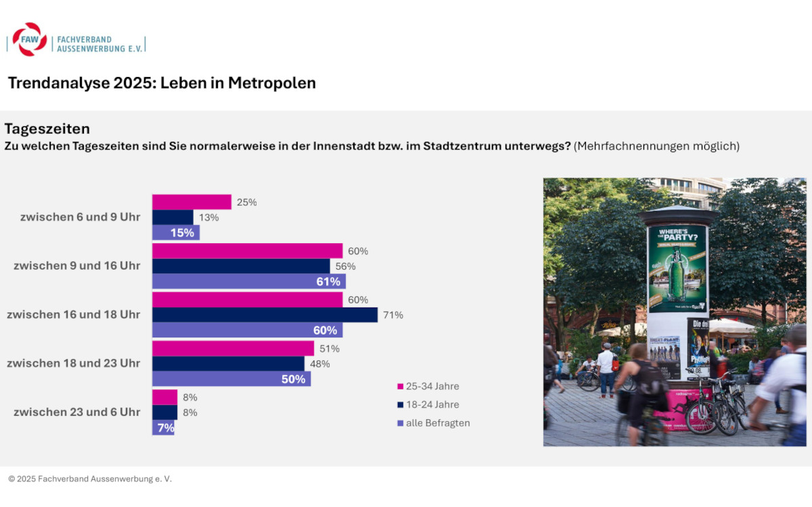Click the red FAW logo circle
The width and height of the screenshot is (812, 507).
point(29,39)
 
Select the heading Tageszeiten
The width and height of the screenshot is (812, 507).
point(47,128)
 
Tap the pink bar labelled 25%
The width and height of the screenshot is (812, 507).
point(191,202)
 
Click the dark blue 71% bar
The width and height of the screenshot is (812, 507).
point(265,315)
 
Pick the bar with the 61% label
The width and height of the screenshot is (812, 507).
point(248,281)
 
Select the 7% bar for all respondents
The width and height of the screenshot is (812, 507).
point(163,428)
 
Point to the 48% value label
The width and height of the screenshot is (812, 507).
point(319,364)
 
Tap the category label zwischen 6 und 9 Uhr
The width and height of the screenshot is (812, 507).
point(80,217)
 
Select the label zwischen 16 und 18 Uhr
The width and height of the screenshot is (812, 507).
point(73,314)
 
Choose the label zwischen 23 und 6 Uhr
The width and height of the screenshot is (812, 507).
point(76,412)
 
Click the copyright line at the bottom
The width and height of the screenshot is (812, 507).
point(90,479)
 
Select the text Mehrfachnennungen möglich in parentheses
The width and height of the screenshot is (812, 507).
point(656,146)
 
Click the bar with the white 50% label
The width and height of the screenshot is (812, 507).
point(231,379)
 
